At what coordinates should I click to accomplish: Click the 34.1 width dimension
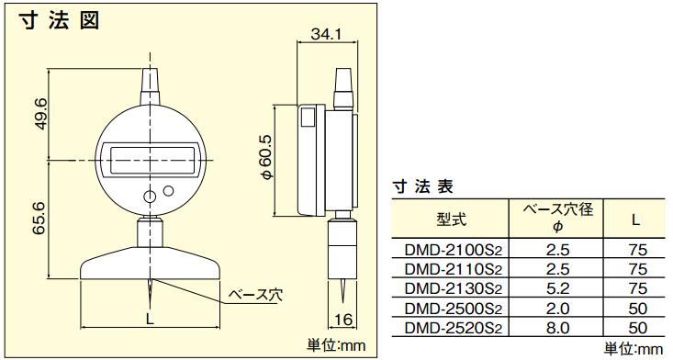pos(326,34)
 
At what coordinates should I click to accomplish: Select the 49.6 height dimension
pos(42,114)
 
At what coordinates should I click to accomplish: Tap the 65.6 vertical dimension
pos(39,219)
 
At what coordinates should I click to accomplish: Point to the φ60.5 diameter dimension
pos(266,157)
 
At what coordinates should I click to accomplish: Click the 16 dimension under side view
pos(343,320)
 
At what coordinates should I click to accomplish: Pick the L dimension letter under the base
pos(150,319)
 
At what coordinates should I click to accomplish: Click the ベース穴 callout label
pos(255,295)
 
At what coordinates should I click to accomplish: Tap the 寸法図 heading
pos(59,20)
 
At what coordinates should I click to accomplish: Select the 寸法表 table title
pos(422,186)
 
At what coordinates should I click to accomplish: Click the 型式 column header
pos(450,219)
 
